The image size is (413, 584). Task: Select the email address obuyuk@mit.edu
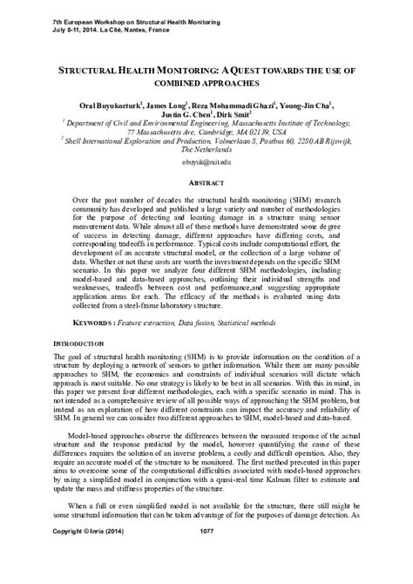click(206, 163)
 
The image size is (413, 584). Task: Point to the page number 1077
click(206, 554)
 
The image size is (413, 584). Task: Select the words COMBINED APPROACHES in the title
click(206, 84)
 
